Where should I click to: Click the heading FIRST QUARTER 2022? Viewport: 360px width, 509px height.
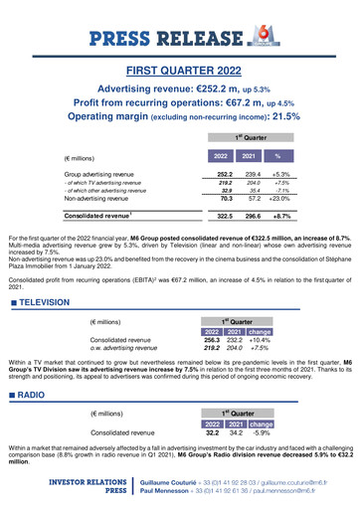coord(180,70)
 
